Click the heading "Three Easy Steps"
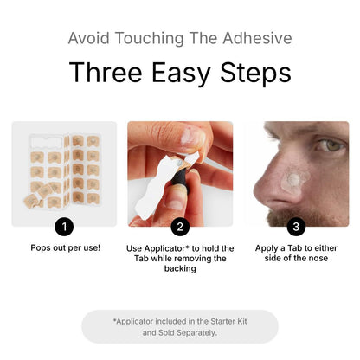(180, 73)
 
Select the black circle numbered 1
(64, 227)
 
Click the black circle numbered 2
(180, 227)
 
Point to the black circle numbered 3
(296, 227)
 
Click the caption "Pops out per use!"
(64, 247)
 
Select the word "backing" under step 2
(180, 269)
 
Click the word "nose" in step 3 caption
(317, 258)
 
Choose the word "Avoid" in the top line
(88, 38)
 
